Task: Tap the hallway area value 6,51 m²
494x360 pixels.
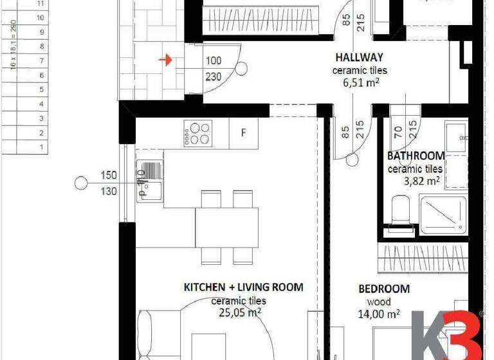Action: [360, 82]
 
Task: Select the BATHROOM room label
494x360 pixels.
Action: [416, 156]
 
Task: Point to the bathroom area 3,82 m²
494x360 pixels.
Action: [421, 181]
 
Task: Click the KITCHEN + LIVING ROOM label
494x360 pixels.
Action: [243, 287]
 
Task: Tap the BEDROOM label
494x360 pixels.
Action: [384, 289]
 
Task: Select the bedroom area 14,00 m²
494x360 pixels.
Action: [379, 314]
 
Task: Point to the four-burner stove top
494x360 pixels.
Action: [197, 134]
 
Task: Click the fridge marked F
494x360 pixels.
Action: [244, 134]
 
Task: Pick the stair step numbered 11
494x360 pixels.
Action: [42, 3]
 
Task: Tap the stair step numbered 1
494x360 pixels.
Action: [42, 147]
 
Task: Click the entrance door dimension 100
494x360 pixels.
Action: [213, 61]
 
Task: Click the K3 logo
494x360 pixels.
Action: [448, 334]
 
